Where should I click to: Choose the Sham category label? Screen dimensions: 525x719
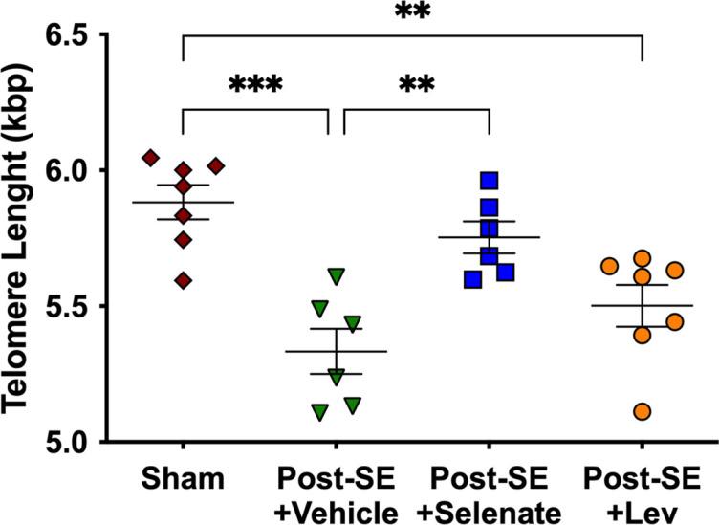[182, 478]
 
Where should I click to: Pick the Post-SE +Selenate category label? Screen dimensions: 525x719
[488, 491]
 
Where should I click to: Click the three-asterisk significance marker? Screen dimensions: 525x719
[255, 86]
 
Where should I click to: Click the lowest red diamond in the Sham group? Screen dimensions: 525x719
[183, 280]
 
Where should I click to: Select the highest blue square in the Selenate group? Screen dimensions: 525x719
[490, 181]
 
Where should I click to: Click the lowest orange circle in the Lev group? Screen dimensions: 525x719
[642, 411]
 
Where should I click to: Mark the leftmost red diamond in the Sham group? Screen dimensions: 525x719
[150, 158]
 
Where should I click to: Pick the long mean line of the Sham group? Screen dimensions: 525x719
[183, 203]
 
